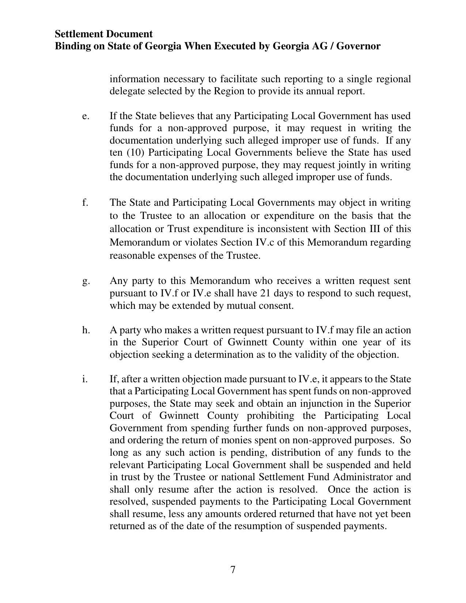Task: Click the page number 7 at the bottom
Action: point(233,569)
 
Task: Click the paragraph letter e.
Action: point(85,116)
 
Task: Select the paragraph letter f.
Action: point(85,202)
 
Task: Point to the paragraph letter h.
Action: point(86,330)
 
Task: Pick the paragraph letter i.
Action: point(85,379)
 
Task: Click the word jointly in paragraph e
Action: point(352,165)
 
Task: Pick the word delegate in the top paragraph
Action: point(127,91)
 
